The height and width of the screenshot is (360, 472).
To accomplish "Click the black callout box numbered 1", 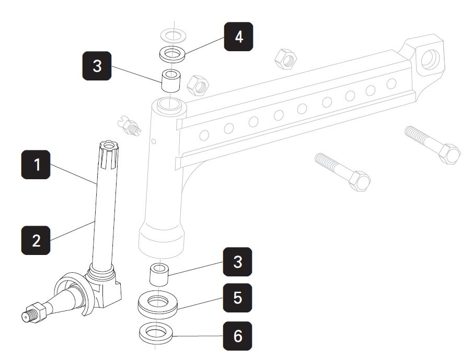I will click(36, 165).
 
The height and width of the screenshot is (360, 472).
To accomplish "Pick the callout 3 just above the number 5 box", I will click(237, 261).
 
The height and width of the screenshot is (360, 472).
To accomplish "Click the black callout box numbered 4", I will click(238, 37).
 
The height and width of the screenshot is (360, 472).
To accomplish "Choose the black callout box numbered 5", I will click(237, 298).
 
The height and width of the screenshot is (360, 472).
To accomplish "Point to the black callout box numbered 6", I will click(237, 335).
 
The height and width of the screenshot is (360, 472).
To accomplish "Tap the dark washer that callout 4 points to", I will click(172, 54).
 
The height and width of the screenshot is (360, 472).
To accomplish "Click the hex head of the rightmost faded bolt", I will click(450, 154).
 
